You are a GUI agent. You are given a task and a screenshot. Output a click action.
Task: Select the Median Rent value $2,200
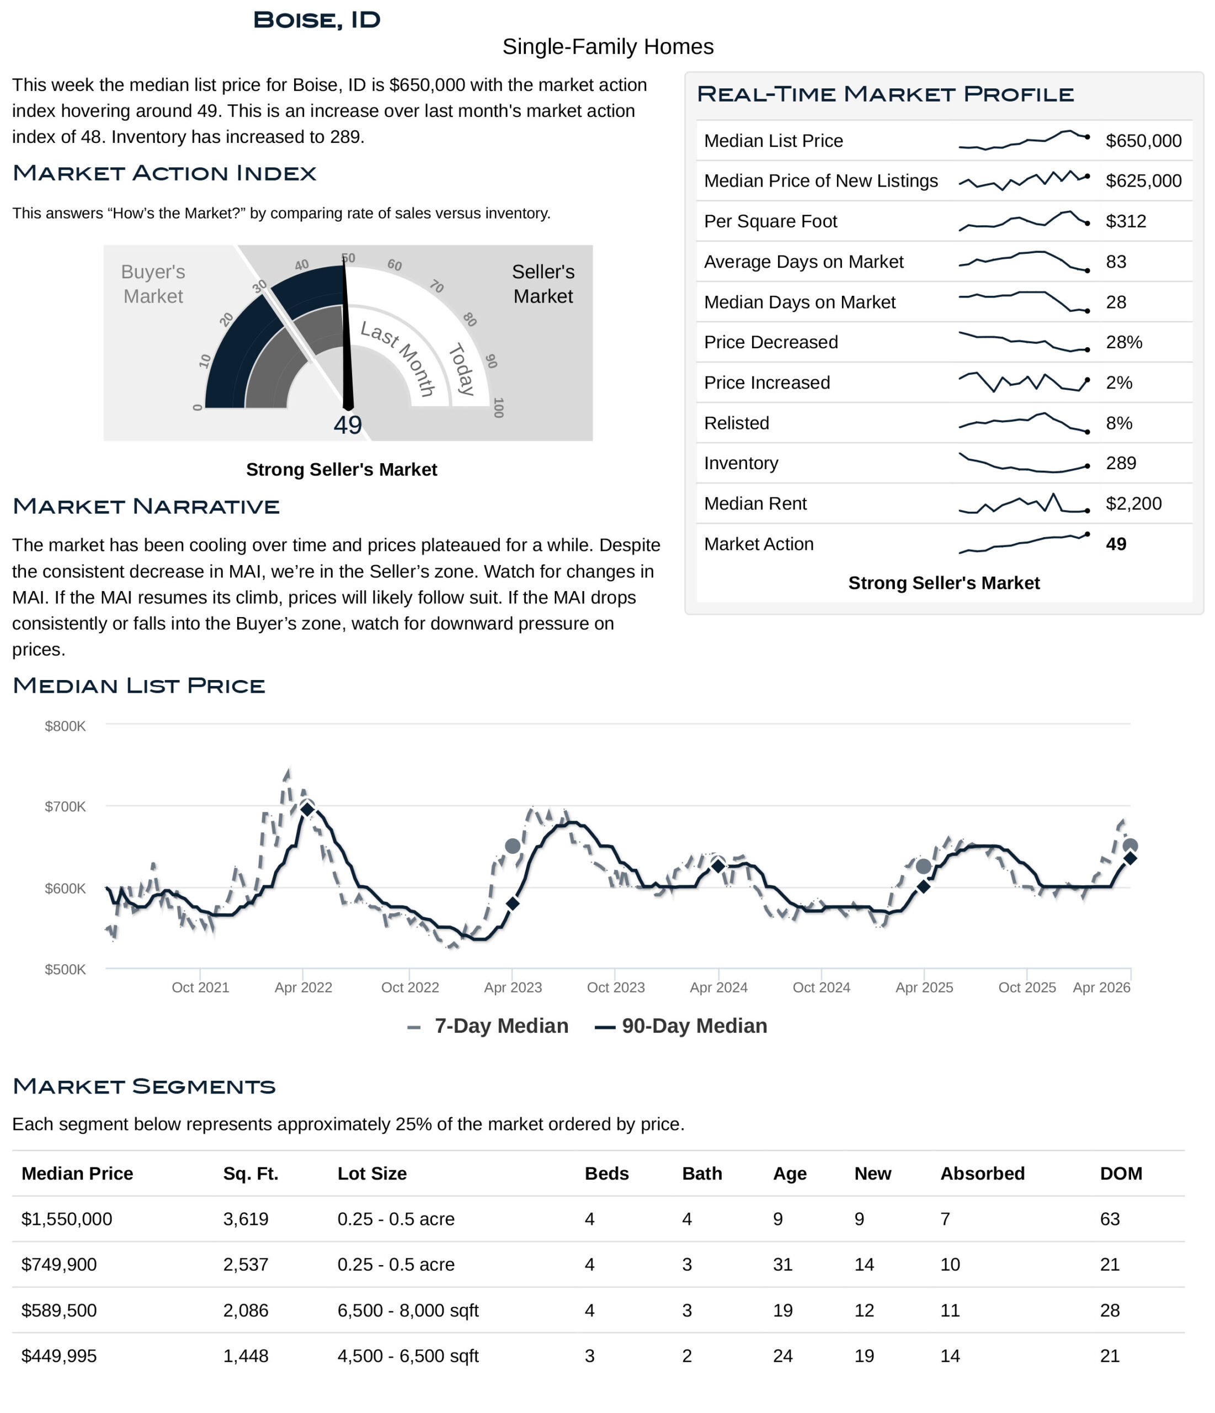point(1133,503)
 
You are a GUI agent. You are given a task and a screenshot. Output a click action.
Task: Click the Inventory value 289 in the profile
point(1120,463)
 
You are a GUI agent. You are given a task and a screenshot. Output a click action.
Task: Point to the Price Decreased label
point(770,342)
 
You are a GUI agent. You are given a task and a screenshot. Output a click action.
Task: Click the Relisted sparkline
point(1023,423)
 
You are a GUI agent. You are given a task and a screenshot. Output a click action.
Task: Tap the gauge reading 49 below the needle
point(348,426)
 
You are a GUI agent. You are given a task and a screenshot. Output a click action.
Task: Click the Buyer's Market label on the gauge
point(153,284)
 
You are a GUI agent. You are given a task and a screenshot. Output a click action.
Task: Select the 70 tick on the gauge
point(436,286)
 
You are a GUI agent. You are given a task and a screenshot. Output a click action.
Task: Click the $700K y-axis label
point(66,807)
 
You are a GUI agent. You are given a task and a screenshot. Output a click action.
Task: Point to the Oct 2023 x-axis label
point(616,987)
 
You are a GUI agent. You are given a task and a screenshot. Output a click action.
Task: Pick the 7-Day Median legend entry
point(488,1026)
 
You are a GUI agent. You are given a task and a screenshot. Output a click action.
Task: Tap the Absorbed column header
point(982,1173)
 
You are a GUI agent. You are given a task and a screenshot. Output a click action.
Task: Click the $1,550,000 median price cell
point(67,1219)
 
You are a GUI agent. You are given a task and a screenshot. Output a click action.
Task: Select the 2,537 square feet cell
point(246,1265)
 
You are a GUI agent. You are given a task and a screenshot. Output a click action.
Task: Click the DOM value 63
point(1109,1219)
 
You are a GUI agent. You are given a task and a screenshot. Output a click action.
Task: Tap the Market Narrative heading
point(146,507)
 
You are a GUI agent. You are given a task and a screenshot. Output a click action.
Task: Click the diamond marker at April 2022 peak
point(307,810)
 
